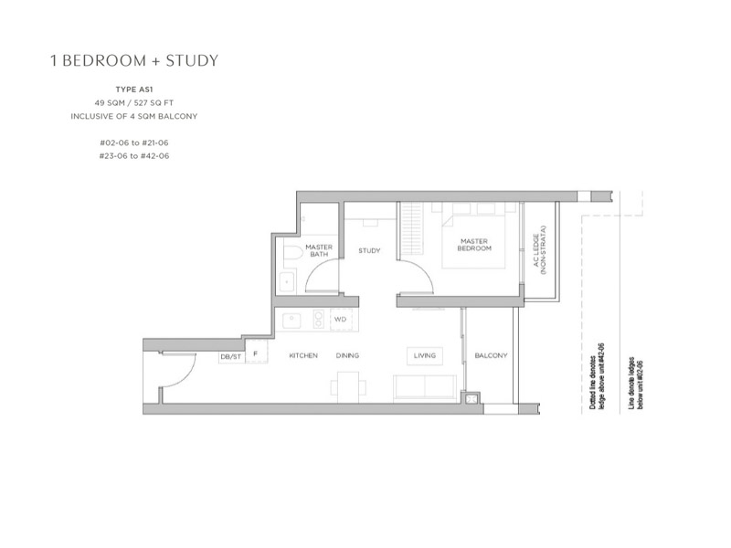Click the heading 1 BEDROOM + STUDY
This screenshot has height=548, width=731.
pyautogui.click(x=134, y=60)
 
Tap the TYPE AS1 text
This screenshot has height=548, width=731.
pyautogui.click(x=134, y=90)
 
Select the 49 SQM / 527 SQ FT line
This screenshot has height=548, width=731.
pyautogui.click(x=134, y=103)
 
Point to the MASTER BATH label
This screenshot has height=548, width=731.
pyautogui.click(x=319, y=250)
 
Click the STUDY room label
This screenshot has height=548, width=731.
pyautogui.click(x=369, y=250)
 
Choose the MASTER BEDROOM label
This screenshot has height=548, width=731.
pyautogui.click(x=474, y=245)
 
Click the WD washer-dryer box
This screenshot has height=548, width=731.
pyautogui.click(x=341, y=320)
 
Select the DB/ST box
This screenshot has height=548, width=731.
pyautogui.click(x=231, y=357)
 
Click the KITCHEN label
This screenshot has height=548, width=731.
pyautogui.click(x=303, y=355)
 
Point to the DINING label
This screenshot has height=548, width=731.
pyautogui.click(x=348, y=355)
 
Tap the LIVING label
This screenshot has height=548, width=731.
pyautogui.click(x=425, y=355)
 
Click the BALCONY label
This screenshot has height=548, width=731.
pyautogui.click(x=491, y=355)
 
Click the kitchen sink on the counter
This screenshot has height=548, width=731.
pyautogui.click(x=291, y=321)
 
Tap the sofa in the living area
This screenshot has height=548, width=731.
pyautogui.click(x=425, y=386)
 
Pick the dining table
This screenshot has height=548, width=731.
pyautogui.click(x=348, y=386)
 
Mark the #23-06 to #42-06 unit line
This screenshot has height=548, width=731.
pyautogui.click(x=134, y=156)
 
